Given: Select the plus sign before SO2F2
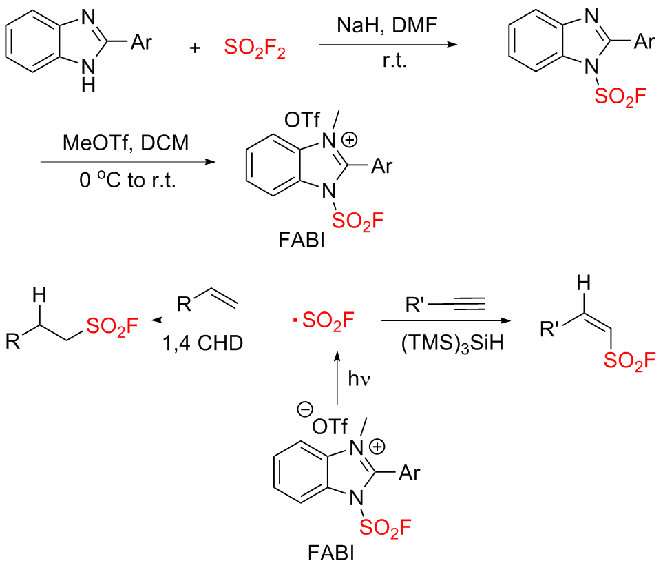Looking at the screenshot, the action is pyautogui.click(x=198, y=48).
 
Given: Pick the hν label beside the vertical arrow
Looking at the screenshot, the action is pyautogui.click(x=362, y=378).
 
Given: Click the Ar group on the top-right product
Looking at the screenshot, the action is pyautogui.click(x=642, y=43).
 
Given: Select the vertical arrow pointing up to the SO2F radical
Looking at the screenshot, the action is pyautogui.click(x=337, y=378).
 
